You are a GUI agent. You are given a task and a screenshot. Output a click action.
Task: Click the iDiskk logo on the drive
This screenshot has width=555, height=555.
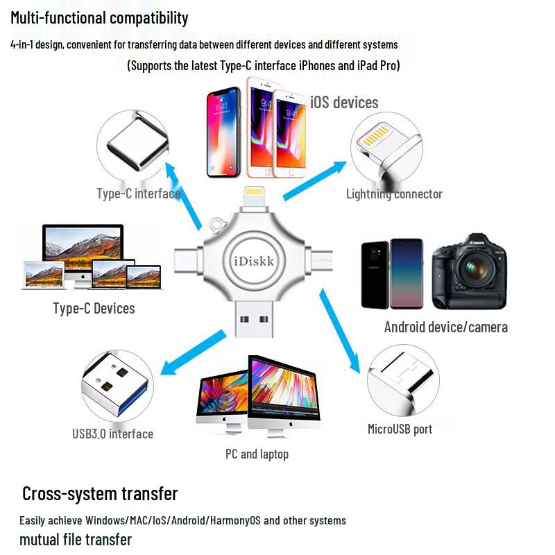pos(254,262)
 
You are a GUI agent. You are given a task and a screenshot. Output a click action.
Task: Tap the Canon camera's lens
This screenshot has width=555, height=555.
pos(475,268)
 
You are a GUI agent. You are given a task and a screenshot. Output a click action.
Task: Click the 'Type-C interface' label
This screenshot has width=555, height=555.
pos(139,194)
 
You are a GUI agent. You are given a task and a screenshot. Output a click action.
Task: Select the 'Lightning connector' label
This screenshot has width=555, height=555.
pos(394,194)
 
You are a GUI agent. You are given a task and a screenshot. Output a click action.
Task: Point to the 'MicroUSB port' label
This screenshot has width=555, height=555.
pos(400,429)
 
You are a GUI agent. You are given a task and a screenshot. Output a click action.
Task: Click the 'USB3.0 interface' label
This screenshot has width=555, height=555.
pos(112,434)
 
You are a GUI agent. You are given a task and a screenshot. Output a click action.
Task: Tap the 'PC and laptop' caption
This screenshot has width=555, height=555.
pos(257,454)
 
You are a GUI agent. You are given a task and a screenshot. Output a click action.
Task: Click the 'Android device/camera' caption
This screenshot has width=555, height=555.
pos(446,327)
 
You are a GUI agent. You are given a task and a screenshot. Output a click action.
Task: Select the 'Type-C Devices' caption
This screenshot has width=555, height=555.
pos(94,308)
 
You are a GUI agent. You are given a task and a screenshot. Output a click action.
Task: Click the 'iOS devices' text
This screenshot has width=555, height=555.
pos(344,102)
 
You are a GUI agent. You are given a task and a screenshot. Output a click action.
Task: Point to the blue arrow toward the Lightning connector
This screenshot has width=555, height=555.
pos(315,180)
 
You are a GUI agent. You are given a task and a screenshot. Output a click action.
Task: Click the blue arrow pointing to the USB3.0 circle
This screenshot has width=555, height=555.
pos(193,352)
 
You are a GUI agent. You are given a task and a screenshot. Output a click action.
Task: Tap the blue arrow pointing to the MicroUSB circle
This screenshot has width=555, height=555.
pos(340,331)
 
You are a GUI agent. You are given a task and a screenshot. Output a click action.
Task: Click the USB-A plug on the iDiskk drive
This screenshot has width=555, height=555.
pos(254,318)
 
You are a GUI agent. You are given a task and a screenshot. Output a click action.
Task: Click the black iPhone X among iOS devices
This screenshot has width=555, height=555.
pos(223,132)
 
